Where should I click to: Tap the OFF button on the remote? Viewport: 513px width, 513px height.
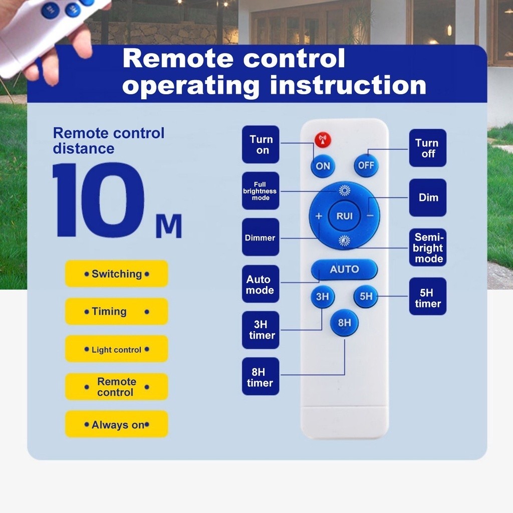pyautogui.click(x=366, y=165)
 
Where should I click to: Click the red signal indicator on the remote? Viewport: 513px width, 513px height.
pyautogui.click(x=323, y=140)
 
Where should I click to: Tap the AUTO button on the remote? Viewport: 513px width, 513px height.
pyautogui.click(x=344, y=270)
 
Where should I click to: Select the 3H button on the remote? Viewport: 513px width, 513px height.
pyautogui.click(x=322, y=297)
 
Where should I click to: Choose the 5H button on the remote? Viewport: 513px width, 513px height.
pyautogui.click(x=366, y=297)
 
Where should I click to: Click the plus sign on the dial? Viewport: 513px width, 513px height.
pyautogui.click(x=319, y=216)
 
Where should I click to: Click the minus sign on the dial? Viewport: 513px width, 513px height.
pyautogui.click(x=370, y=216)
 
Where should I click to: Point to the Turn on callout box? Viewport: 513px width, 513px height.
pyautogui.click(x=261, y=144)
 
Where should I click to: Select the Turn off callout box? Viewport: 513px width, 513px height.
pyautogui.click(x=428, y=148)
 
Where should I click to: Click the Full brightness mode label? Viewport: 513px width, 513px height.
pyautogui.click(x=261, y=191)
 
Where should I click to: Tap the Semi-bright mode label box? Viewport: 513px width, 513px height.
pyautogui.click(x=428, y=247)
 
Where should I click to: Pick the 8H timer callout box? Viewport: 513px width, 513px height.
pyautogui.click(x=261, y=376)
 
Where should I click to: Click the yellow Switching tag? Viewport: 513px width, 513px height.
pyautogui.click(x=116, y=274)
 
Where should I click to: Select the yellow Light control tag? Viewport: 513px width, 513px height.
pyautogui.click(x=116, y=349)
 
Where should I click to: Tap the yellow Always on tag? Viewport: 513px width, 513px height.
pyautogui.click(x=116, y=424)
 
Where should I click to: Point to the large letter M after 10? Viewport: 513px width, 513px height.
pyautogui.click(x=169, y=226)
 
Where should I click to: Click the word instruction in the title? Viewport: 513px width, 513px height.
pyautogui.click(x=348, y=86)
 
